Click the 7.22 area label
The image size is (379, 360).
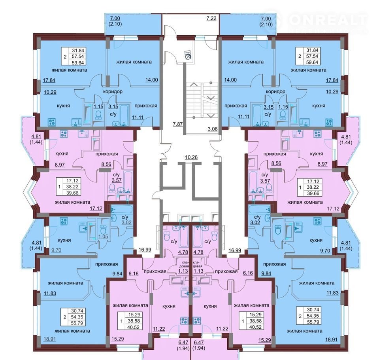pos(211,18)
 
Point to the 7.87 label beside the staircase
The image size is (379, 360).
pos(177,124)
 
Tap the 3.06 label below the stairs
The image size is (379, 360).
pos(213,129)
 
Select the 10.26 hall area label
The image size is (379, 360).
pos(191,157)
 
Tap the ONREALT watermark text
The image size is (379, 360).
pos(328,20)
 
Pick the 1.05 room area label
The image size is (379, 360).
pos(103,236)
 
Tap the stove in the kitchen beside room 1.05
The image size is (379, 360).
pos(64,221)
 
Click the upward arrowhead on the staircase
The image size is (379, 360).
pos(194,84)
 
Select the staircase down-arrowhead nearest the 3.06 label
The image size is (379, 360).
pos(211,116)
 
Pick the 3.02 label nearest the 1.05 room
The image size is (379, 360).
pos(126,222)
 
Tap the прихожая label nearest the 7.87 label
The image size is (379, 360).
pos(146,106)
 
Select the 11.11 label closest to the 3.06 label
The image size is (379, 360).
pos(243,117)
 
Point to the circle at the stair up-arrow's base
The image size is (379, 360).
pos(194,117)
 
